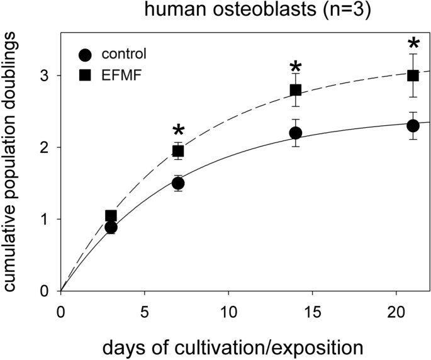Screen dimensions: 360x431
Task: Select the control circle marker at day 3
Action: click(111, 227)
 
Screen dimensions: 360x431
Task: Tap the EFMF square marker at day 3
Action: click(111, 216)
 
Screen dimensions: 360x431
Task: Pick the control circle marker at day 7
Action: click(178, 183)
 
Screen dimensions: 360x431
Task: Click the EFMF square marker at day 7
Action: click(178, 151)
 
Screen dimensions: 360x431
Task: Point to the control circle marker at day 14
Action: click(296, 133)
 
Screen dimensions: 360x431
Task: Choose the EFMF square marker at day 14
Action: click(296, 90)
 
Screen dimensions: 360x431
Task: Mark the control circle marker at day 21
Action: click(413, 126)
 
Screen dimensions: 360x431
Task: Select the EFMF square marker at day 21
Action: click(413, 76)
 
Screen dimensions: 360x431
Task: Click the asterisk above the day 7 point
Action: click(178, 131)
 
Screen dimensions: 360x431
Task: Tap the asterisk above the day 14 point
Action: click(296, 68)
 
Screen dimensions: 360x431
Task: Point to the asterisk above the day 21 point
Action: click(413, 44)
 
